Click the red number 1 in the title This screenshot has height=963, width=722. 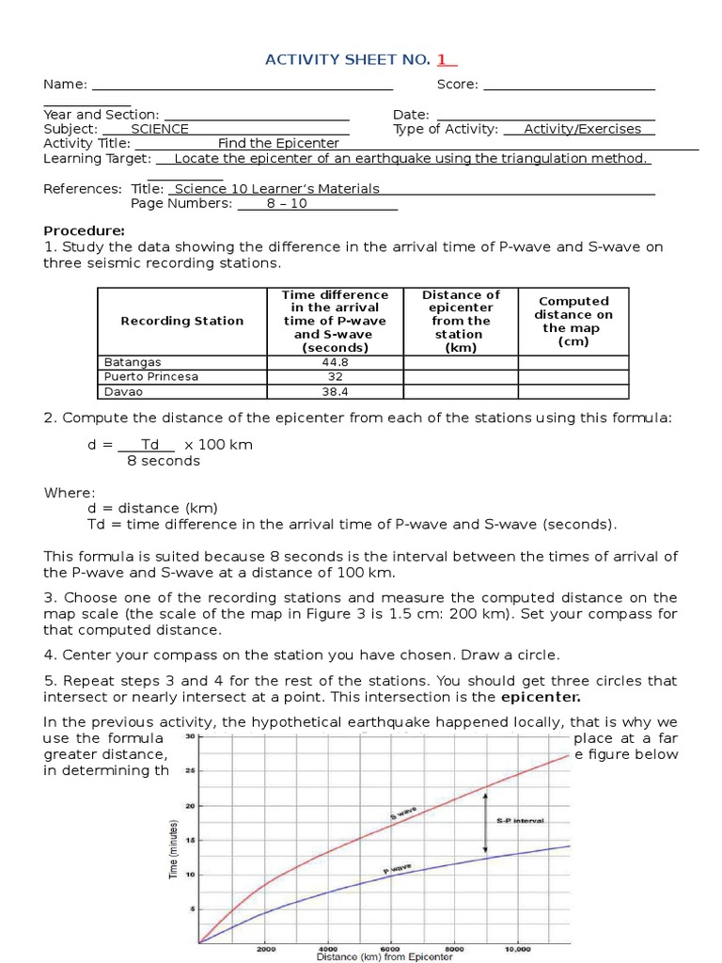point(440,60)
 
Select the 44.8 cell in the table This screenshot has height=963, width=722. point(335,362)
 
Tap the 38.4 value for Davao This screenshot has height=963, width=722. point(335,392)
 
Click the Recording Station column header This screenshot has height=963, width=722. point(181,321)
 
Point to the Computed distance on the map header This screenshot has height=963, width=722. point(573,322)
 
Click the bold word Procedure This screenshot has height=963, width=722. point(84,231)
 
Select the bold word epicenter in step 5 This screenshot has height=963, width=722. point(541,698)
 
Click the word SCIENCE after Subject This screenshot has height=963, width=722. point(160,129)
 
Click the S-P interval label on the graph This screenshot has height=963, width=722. point(520,820)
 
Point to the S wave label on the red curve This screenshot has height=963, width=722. point(403,812)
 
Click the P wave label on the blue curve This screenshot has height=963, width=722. point(396,872)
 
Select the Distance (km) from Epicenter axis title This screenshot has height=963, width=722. point(385,957)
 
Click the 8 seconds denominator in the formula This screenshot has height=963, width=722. point(164,461)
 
